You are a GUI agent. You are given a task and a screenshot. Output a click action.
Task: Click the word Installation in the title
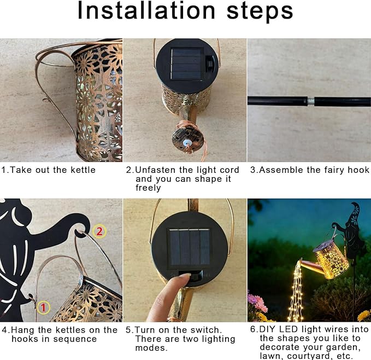tap(146, 10)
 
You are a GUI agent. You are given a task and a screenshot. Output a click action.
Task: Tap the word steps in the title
tap(260, 11)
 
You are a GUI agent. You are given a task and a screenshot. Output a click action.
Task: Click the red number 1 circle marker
tap(43, 307)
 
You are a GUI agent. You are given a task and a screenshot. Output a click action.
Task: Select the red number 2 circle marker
tap(99, 231)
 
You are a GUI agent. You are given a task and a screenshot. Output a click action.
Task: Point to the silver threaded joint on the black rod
tap(311, 101)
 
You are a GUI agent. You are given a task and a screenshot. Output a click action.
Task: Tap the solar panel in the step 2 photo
tap(187, 64)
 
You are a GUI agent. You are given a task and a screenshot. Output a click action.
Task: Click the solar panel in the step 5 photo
tap(189, 247)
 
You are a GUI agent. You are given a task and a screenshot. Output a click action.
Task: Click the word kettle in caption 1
tap(83, 170)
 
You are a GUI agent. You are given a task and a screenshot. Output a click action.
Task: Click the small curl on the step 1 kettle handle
tap(46, 101)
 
